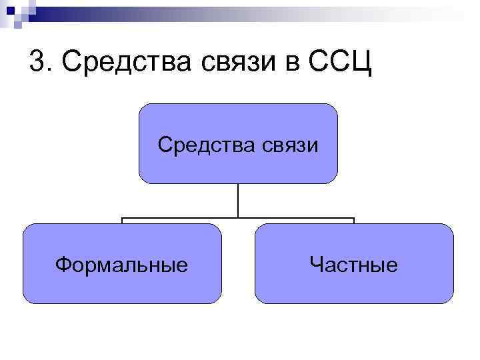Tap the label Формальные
[x=121, y=265]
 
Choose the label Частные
[x=353, y=265]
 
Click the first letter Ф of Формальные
[x=63, y=265]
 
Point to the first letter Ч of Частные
[x=316, y=265]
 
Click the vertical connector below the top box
[x=238, y=200]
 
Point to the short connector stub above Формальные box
[x=121, y=221]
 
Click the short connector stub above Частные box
[x=353, y=221]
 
